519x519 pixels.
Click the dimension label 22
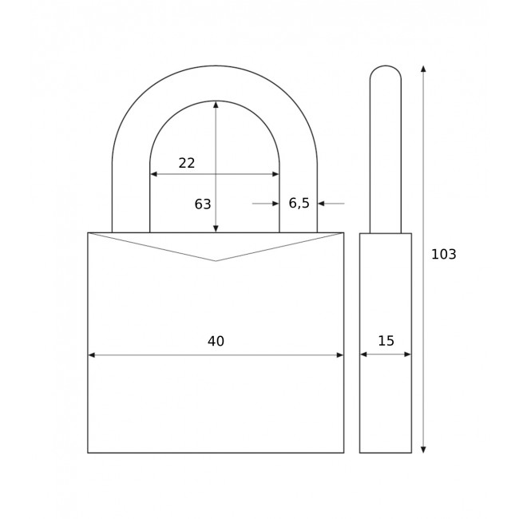(187, 163)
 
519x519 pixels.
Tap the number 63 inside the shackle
(203, 204)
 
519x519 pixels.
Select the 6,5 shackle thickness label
(299, 204)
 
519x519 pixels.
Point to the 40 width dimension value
(216, 342)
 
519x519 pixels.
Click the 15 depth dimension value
(386, 341)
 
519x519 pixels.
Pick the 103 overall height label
(443, 255)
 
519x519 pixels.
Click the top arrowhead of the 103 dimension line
(423, 69)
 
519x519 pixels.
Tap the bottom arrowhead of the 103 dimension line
(423, 449)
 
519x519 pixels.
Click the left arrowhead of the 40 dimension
(92, 355)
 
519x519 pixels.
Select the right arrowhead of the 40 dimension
(339, 355)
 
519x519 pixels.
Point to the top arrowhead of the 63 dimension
(216, 105)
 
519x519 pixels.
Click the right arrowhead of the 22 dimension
(275, 174)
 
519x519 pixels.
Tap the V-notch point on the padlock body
(216, 260)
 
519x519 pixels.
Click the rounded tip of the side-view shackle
(386, 68)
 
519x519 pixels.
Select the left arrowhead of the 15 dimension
(363, 354)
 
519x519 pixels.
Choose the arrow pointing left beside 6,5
(322, 204)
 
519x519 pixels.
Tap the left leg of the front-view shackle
(131, 200)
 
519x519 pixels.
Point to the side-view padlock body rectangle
(386, 399)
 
